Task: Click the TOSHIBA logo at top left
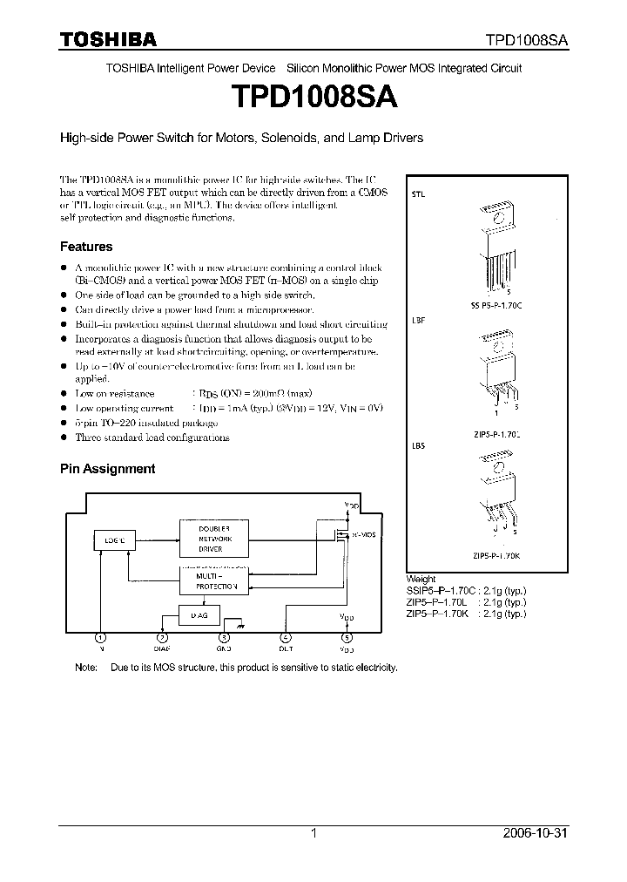(107, 39)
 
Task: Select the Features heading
(85, 247)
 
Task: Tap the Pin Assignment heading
(107, 469)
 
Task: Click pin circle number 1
(102, 637)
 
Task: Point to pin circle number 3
(225, 637)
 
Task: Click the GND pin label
(225, 649)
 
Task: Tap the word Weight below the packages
(421, 579)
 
